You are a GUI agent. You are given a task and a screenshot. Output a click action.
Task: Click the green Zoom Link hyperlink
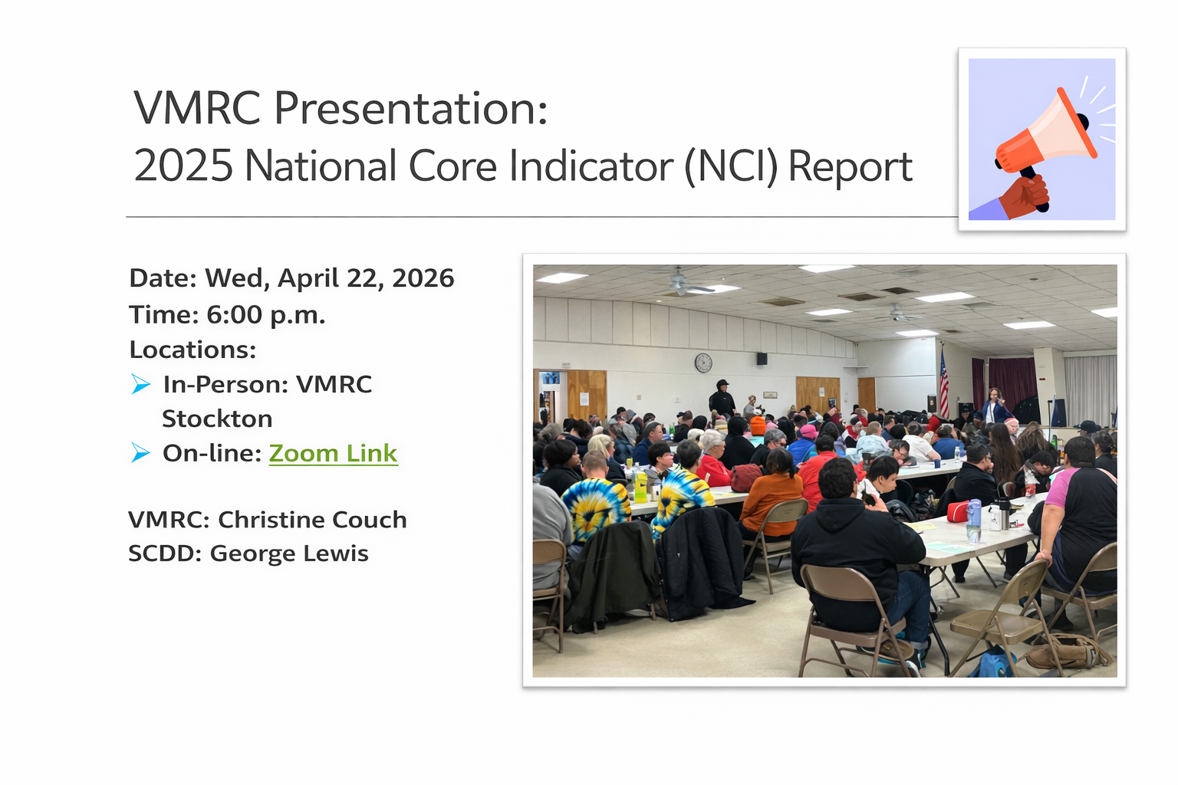(333, 453)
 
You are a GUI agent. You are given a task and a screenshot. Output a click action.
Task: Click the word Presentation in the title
(410, 108)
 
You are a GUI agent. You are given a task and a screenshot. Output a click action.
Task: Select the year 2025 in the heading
(183, 166)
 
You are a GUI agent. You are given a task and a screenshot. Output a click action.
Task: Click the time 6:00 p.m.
(265, 314)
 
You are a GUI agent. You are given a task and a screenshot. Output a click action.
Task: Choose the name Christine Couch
(312, 519)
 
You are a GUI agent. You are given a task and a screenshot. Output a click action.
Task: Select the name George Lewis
(289, 553)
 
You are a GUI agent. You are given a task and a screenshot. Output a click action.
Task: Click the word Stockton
(217, 419)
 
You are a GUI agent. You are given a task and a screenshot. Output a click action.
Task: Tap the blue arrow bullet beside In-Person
(140, 384)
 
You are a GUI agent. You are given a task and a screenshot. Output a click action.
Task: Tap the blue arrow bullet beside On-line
(140, 453)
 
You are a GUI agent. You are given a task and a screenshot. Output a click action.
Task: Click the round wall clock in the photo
(703, 363)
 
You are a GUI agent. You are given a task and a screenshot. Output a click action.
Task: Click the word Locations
(192, 350)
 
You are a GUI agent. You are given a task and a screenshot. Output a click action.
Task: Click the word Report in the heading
(850, 166)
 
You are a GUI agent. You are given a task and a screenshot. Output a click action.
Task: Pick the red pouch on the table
(958, 511)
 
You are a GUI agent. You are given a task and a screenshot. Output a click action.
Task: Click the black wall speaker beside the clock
(762, 358)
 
